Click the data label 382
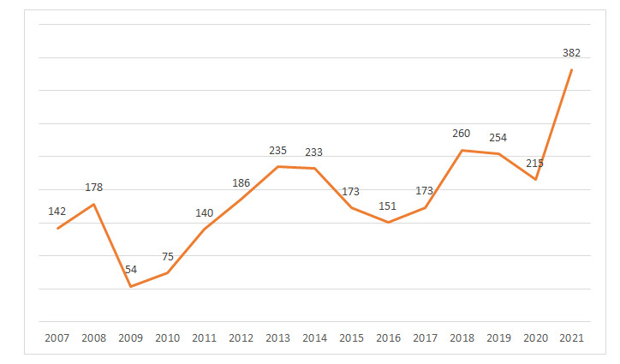click(571, 53)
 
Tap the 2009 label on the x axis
click(131, 338)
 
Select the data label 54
click(131, 270)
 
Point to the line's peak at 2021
click(572, 69)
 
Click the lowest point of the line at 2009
click(130, 286)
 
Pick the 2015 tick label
click(351, 338)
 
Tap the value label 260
click(462, 134)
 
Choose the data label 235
click(277, 150)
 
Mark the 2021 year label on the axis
click(572, 338)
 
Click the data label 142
click(57, 212)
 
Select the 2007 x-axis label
click(57, 338)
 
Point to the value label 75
click(168, 256)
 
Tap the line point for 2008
click(94, 204)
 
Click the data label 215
click(534, 163)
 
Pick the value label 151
click(388, 206)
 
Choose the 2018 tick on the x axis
click(462, 338)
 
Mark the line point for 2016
click(388, 223)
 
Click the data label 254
click(498, 137)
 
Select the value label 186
click(241, 183)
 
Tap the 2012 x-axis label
click(241, 338)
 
